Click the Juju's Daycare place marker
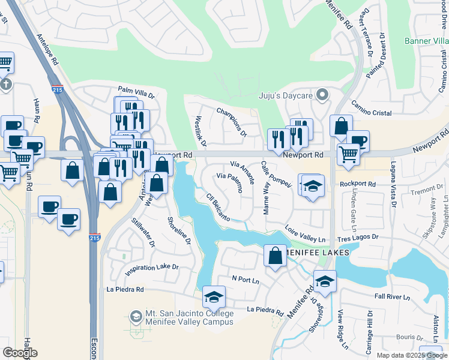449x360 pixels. click(322, 95)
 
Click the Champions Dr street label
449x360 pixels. click(232, 122)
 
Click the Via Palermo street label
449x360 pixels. click(229, 182)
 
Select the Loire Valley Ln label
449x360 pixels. click(305, 235)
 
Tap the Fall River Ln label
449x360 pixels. click(391, 297)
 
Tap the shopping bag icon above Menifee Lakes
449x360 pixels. click(275, 256)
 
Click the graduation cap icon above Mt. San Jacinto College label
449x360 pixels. click(213, 296)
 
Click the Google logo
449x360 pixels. click(20, 353)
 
